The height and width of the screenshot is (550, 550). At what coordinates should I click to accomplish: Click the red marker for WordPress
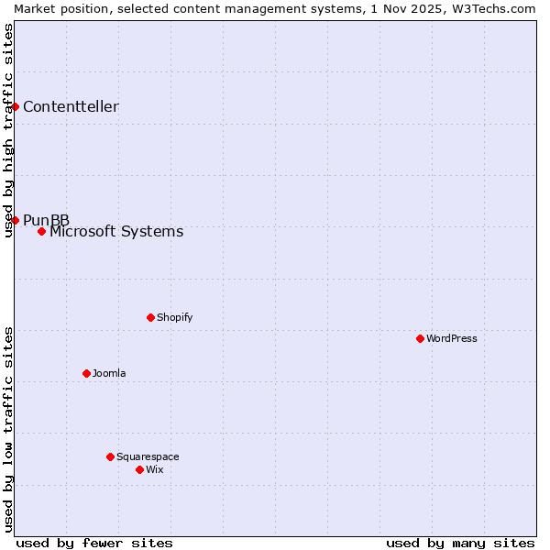[420, 338]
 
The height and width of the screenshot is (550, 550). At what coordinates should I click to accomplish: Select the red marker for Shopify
[150, 317]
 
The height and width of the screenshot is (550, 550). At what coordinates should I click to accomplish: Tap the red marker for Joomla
[86, 373]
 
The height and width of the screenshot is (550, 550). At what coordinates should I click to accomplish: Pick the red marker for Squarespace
[110, 456]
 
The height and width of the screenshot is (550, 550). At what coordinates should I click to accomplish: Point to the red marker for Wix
[139, 469]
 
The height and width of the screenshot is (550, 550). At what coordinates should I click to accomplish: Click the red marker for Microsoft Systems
[41, 231]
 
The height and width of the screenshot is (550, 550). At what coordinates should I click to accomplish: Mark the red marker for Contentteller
[15, 106]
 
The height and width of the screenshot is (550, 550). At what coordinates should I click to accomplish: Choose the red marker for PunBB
[15, 220]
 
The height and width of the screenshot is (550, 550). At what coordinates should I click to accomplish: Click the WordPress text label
[452, 338]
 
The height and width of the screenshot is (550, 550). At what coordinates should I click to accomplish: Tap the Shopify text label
[175, 317]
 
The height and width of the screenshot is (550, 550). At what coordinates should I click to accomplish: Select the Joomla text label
[109, 373]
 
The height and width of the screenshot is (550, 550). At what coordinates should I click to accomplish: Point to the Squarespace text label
[148, 456]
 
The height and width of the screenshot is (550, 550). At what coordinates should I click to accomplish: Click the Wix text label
[155, 469]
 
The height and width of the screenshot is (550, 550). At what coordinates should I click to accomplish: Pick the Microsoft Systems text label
[116, 231]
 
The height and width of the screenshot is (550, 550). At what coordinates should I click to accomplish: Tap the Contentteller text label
[71, 106]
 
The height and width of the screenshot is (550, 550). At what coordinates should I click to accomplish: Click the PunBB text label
[46, 220]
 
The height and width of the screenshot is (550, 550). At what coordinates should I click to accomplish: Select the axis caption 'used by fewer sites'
[94, 543]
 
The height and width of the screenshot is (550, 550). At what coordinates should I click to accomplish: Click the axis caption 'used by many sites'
[460, 543]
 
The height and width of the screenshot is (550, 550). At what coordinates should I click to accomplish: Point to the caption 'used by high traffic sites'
[8, 130]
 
